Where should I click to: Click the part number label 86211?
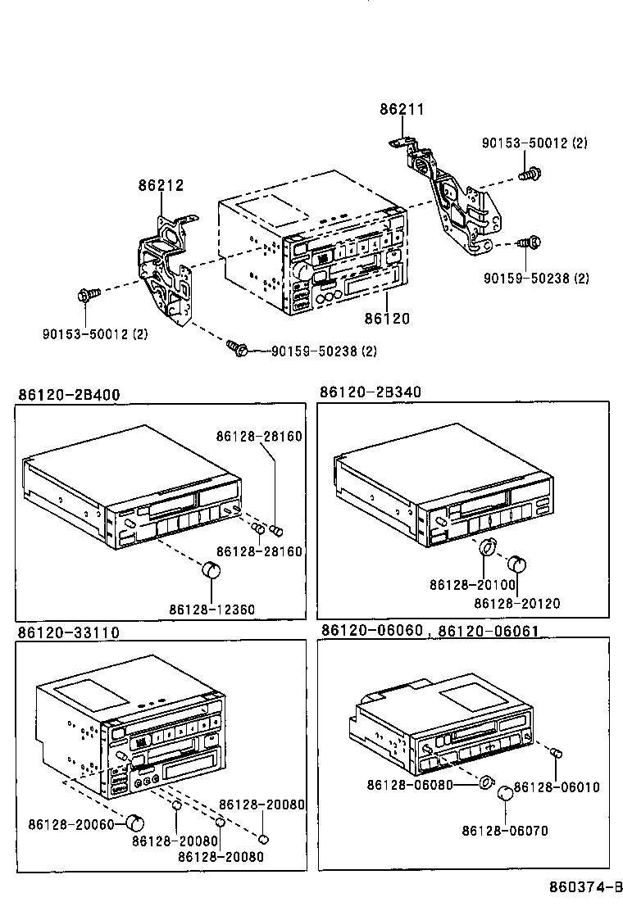tap(402, 110)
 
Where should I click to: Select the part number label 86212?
tap(160, 187)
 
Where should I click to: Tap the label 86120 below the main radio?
tap(388, 318)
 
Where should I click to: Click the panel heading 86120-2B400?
tap(69, 395)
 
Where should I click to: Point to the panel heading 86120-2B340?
tap(371, 392)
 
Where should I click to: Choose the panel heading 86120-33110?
tap(69, 632)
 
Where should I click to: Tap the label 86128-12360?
tap(212, 610)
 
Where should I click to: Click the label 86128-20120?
tap(517, 603)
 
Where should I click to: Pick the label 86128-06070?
tap(504, 831)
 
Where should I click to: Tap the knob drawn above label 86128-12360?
tap(211, 570)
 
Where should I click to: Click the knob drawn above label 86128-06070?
tap(505, 792)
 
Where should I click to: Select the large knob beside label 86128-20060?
tap(135, 822)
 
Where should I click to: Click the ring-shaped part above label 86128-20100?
tap(487, 547)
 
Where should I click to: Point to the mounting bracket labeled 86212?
tap(168, 270)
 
